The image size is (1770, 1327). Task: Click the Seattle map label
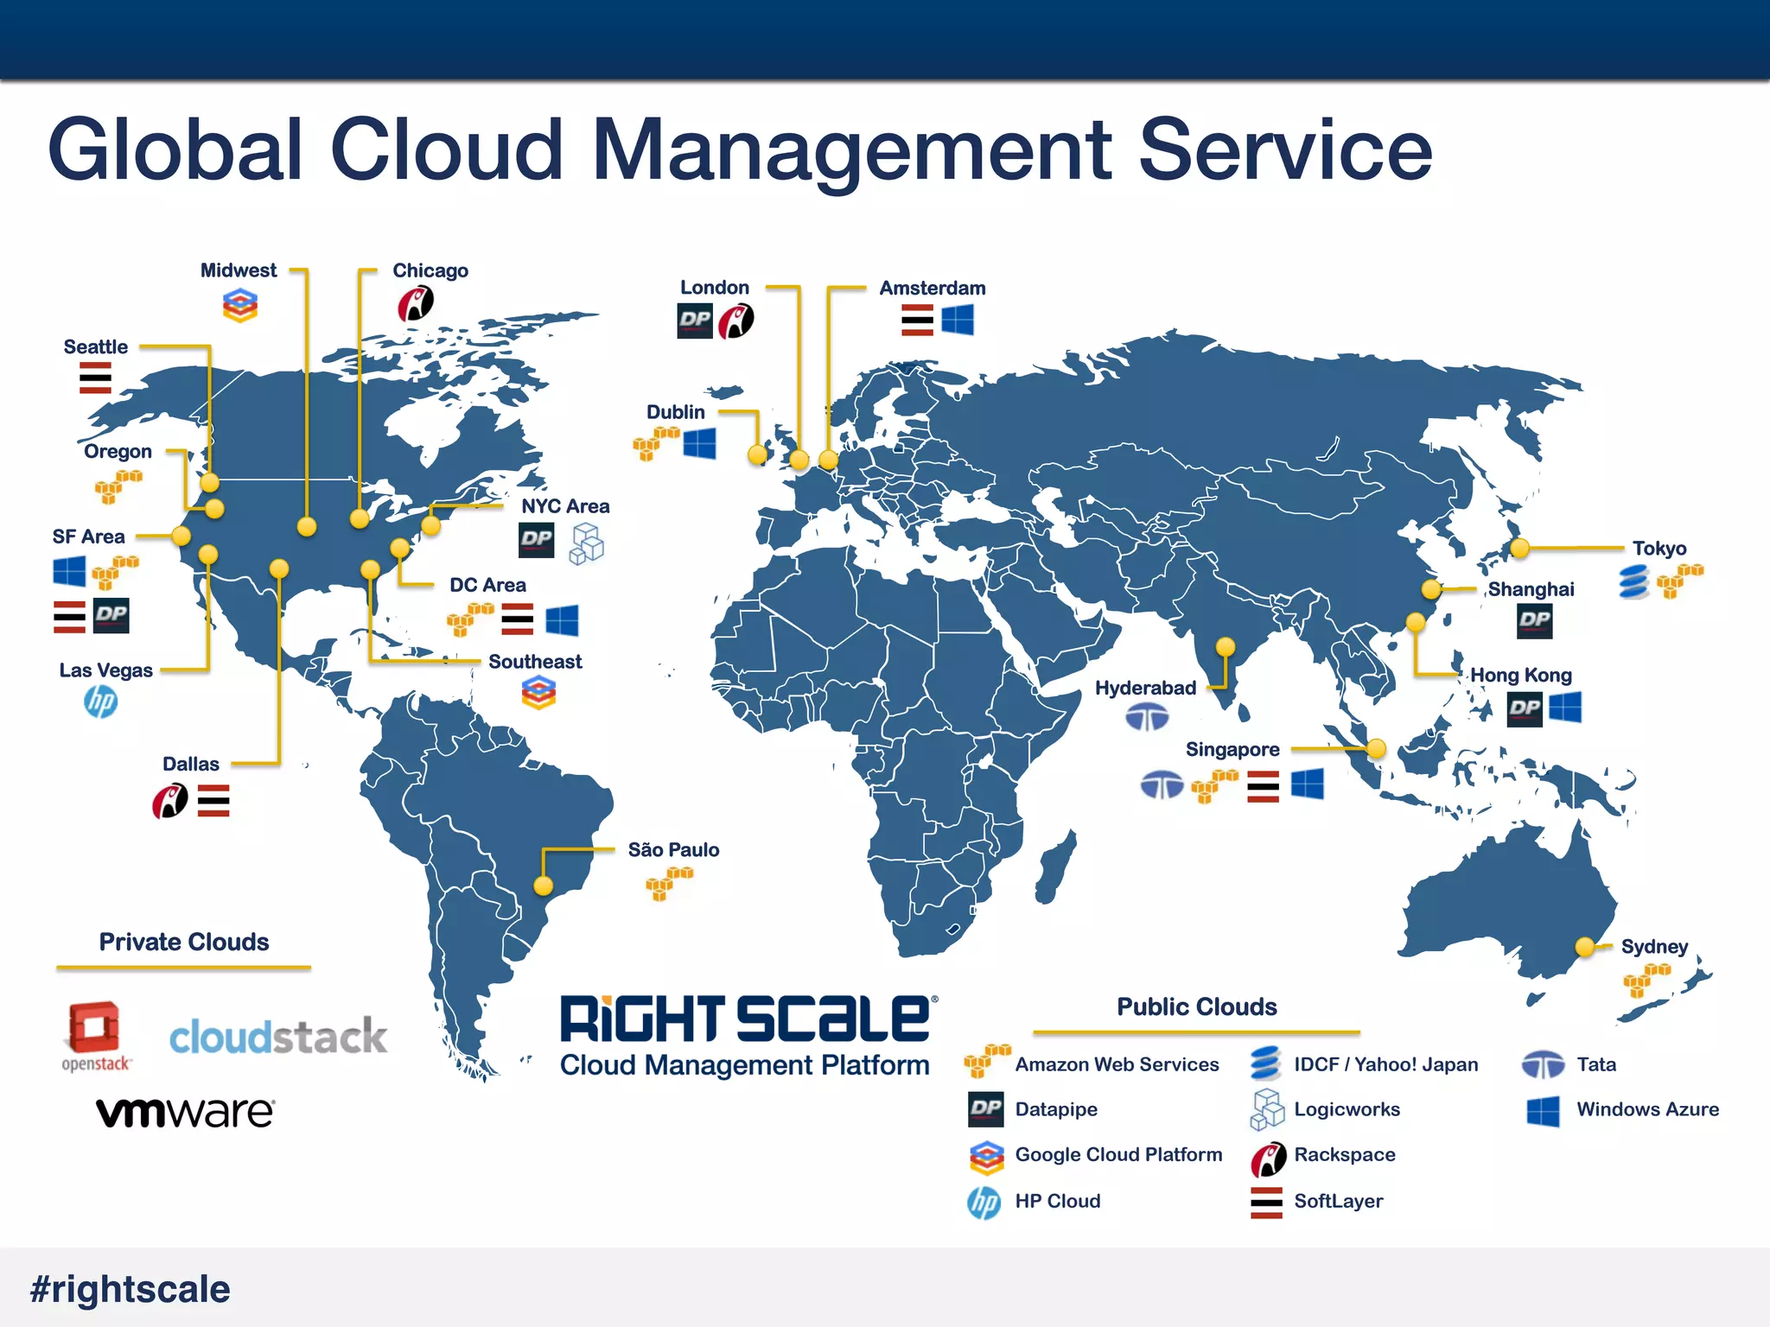(96, 347)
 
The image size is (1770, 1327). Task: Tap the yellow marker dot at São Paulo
(544, 886)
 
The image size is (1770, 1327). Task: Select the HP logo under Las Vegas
(101, 702)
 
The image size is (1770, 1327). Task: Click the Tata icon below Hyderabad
(1147, 717)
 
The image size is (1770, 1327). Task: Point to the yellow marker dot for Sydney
(1585, 947)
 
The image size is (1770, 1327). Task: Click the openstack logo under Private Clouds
(95, 1036)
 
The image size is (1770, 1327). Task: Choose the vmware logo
(185, 1112)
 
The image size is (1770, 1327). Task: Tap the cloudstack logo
(277, 1036)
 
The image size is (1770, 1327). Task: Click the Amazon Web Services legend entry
(1117, 1064)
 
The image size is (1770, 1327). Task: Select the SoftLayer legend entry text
(1338, 1201)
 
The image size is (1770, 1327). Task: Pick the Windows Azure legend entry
(1647, 1109)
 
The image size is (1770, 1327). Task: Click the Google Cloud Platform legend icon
(986, 1157)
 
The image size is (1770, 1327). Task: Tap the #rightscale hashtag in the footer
(131, 1289)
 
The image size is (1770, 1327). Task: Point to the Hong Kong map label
(1521, 676)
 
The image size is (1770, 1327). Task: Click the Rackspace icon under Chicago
(416, 304)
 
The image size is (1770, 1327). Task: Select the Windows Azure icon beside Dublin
(699, 444)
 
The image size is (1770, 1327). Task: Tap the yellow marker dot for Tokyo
(1520, 548)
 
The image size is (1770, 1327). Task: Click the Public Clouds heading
(1197, 1006)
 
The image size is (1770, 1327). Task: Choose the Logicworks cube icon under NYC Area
(587, 543)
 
